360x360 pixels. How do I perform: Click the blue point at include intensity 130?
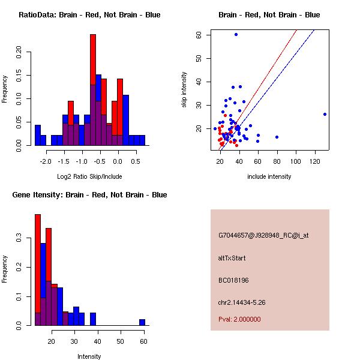coord(325,114)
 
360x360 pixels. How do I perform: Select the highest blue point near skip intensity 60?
coord(236,34)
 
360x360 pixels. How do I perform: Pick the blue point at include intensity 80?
coord(277,137)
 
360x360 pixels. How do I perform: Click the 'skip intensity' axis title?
coord(185,90)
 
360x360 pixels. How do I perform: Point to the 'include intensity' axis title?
coord(269,176)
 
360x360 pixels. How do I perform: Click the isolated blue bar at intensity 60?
coord(142,322)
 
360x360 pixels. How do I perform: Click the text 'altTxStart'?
coord(232,258)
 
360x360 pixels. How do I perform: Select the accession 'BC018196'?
coord(233,280)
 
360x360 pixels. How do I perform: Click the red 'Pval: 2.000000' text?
coord(239,319)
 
